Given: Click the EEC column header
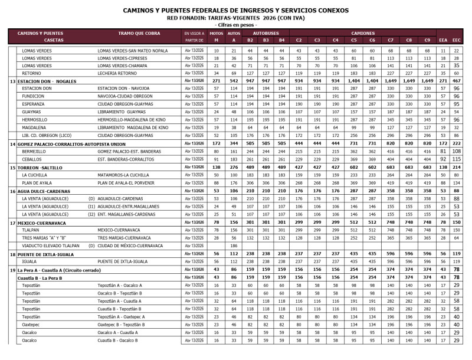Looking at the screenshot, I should (456, 40).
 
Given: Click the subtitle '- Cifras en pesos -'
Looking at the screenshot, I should (236, 25).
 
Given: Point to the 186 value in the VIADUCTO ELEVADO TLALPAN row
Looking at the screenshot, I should (234, 246).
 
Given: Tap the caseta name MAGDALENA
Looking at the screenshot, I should (34, 127).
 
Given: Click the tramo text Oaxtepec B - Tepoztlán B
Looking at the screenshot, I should (121, 324).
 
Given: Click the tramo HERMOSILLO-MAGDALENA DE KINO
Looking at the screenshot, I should (133, 119).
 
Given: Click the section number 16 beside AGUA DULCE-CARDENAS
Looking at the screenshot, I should (12, 191).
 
